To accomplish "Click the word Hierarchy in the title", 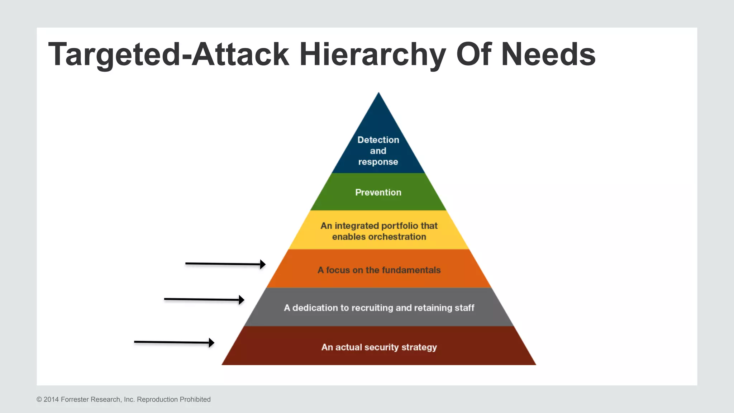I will point(373,54).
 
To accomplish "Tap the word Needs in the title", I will point(548,54).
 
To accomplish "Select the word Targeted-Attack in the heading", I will point(168,54).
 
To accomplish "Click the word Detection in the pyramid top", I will point(378,140).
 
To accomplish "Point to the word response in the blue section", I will point(378,162).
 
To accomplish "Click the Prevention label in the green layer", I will point(378,193).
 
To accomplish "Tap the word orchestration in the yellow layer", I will point(397,237).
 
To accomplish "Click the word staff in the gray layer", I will point(464,308).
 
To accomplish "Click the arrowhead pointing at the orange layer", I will point(263,265).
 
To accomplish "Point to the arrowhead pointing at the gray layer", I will point(242,300).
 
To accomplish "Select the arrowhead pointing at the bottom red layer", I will point(212,343).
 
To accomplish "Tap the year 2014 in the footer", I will point(51,399).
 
